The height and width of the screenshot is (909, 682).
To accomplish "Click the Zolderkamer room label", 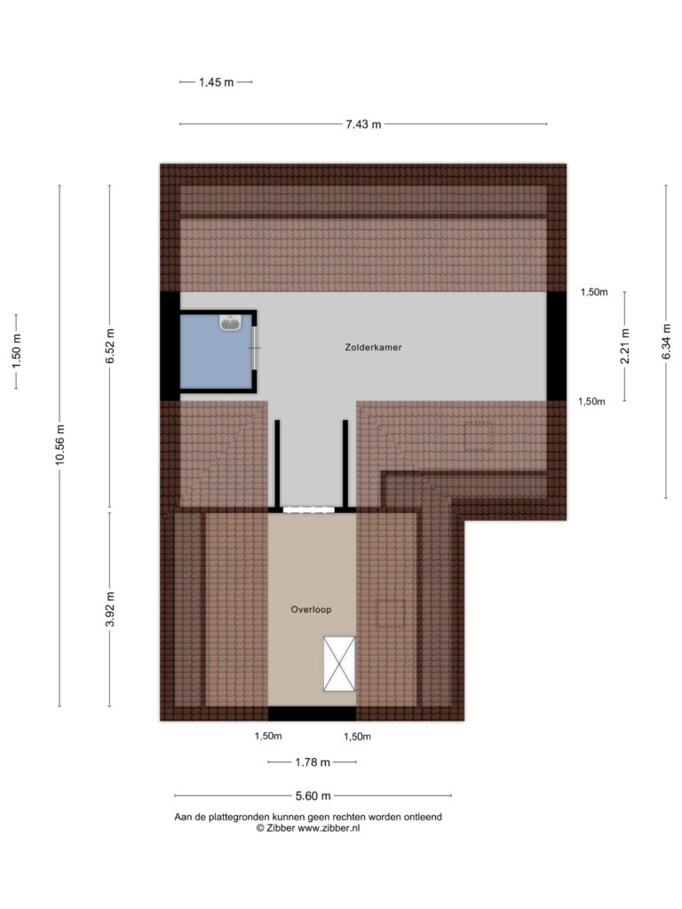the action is tap(373, 347).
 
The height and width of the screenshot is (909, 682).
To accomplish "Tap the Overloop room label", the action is tap(311, 609).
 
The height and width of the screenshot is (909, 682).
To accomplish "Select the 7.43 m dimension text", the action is tap(363, 124).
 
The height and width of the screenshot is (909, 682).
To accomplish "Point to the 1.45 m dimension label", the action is tap(217, 83).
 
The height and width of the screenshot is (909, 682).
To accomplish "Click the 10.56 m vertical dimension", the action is tap(59, 445).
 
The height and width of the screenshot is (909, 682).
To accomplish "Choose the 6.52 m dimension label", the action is tap(109, 346).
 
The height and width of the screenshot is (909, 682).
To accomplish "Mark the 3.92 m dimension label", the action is tap(109, 609).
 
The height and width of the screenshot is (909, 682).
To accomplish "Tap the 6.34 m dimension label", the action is tap(666, 342).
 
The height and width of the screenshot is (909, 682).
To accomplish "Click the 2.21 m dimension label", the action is tap(625, 346).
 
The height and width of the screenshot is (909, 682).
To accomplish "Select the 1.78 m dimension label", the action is tap(313, 763).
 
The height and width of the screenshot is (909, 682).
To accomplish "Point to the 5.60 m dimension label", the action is tap(313, 796).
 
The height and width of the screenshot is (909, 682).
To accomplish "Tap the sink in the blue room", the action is tap(230, 322).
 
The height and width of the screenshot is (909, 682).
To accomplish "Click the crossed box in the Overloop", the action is tap(339, 664).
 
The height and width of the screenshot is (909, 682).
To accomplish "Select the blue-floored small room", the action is tap(217, 352).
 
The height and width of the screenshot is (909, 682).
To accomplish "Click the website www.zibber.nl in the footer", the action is tap(329, 828).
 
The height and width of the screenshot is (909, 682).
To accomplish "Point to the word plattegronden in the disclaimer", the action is tap(234, 818).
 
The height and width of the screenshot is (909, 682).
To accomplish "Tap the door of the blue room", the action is tap(255, 348).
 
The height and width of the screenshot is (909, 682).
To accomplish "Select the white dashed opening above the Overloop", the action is tap(308, 510).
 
